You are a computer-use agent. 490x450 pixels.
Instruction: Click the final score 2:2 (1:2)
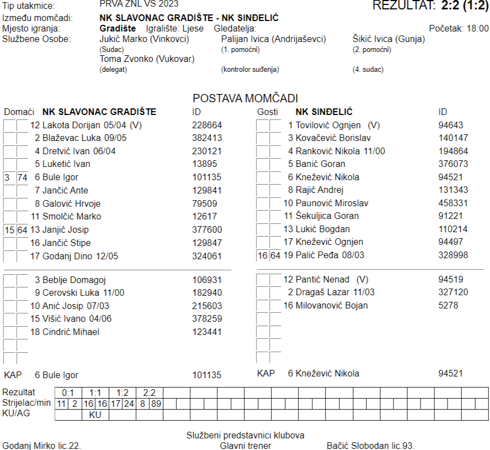click(x=464, y=6)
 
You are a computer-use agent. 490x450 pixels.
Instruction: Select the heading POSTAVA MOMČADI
click(x=245, y=98)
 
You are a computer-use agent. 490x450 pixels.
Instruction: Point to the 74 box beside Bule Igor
click(x=22, y=177)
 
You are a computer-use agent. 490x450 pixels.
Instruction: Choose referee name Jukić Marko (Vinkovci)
click(x=144, y=39)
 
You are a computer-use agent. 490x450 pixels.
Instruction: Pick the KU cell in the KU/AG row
click(x=95, y=414)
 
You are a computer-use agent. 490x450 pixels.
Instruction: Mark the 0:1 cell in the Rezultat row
click(x=68, y=393)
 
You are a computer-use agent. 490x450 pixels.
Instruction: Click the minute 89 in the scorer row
click(x=156, y=404)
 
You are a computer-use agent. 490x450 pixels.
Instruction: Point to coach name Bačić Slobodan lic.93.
click(x=370, y=446)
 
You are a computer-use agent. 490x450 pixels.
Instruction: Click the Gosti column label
click(x=268, y=112)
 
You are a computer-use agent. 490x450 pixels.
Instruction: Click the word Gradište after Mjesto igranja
click(x=118, y=28)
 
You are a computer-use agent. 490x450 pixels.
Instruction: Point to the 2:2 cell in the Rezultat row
click(x=149, y=393)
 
